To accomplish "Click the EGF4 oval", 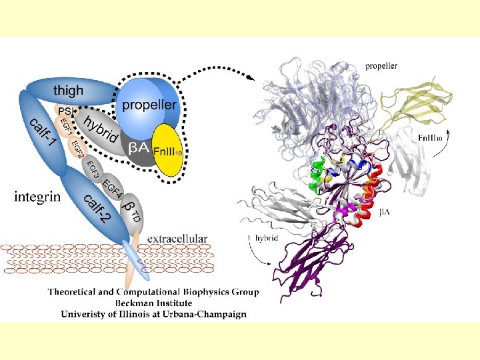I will [113, 187].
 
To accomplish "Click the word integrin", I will [37, 197].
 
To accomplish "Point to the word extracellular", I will [177, 238].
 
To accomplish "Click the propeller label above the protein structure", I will [381, 66].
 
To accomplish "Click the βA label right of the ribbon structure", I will [385, 212].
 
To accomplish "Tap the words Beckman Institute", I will [154, 303].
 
